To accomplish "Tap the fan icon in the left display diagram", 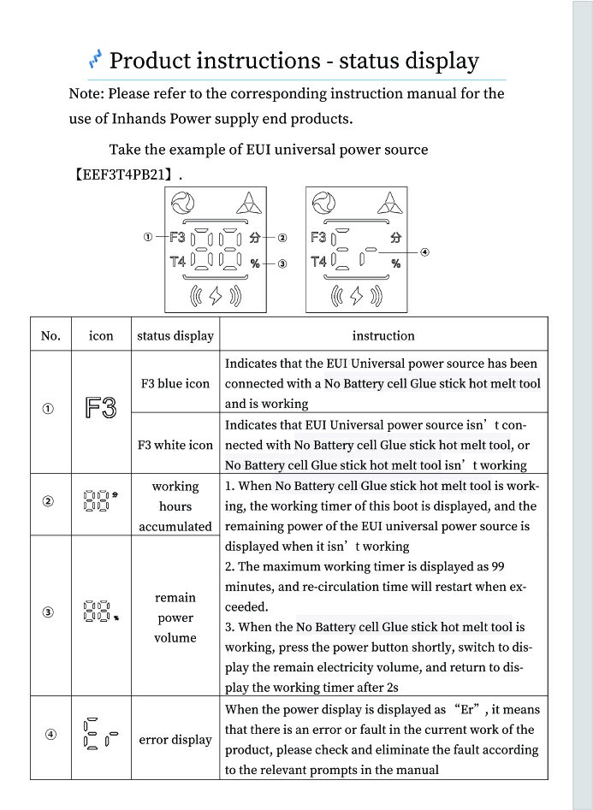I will (182, 204).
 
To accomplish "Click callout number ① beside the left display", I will (148, 237).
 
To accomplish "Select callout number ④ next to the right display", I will (425, 251).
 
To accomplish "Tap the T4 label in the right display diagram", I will (318, 262).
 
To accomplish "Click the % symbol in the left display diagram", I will (255, 264).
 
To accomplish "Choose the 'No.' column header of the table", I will (50, 335).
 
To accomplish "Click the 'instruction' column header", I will (382, 335).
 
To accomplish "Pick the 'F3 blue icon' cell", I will (175, 383).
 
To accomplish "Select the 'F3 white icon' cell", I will (175, 445).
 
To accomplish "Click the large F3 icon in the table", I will (101, 409).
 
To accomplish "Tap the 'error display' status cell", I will (175, 739).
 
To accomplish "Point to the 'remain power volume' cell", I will (175, 618).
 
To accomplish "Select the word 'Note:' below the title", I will (86, 93).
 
